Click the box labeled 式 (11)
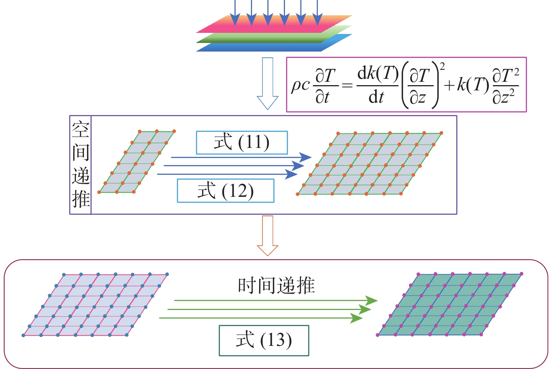(x=242, y=143)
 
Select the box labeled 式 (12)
(x=225, y=191)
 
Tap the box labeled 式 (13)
(x=264, y=340)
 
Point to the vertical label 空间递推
(x=80, y=165)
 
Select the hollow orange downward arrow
(x=268, y=236)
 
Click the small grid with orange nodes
(x=137, y=162)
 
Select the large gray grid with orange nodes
(x=369, y=164)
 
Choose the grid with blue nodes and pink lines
(x=95, y=305)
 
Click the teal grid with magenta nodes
(x=450, y=304)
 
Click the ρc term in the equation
(x=300, y=85)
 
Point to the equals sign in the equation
(x=347, y=86)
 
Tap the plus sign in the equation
(x=449, y=86)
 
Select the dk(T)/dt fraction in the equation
(x=377, y=86)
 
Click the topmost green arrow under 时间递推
(x=275, y=300)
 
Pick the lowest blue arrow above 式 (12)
(x=227, y=174)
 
